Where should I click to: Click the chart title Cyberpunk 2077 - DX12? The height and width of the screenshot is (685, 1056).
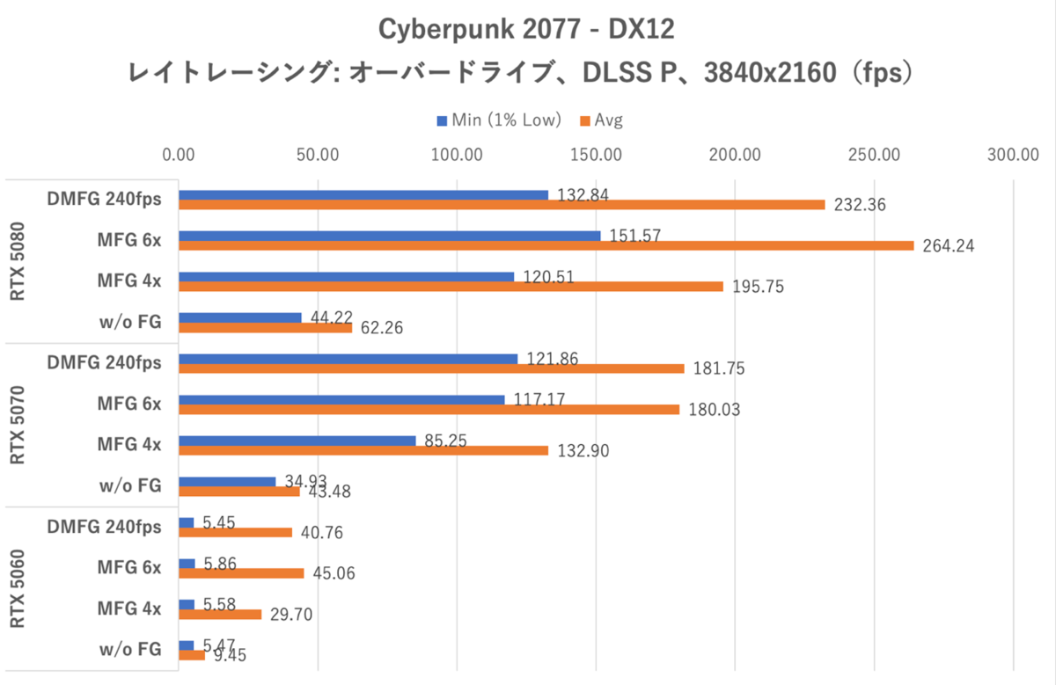(526, 29)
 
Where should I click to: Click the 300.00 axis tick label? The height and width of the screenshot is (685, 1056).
(1013, 156)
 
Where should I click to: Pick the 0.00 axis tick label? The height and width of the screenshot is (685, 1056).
(180, 156)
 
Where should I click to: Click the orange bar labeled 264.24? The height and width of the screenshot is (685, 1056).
(546, 245)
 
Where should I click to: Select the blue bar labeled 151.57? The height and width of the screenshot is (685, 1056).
(390, 236)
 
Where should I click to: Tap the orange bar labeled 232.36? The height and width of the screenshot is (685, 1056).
(502, 205)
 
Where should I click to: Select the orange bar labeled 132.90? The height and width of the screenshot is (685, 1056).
(363, 450)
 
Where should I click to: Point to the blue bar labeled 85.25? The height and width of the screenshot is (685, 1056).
(297, 441)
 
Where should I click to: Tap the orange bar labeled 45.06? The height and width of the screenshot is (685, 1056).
(242, 573)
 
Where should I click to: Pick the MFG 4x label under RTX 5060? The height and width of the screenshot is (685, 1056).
(129, 608)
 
